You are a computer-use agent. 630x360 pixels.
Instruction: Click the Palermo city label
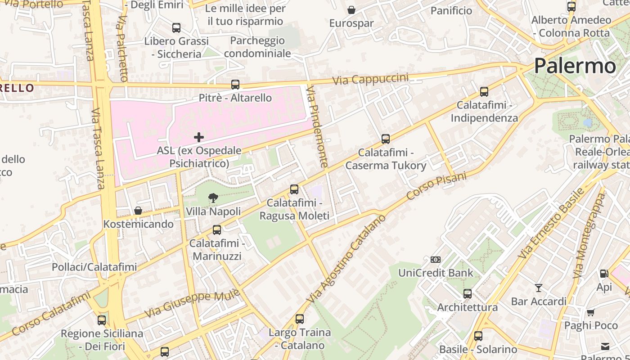point(575,66)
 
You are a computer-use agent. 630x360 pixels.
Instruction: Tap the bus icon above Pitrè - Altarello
point(235,84)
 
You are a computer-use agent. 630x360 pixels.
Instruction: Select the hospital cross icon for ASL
point(198,137)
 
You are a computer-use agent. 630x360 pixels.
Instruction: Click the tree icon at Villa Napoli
point(213,198)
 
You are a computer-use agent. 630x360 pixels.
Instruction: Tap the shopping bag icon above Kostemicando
point(138,211)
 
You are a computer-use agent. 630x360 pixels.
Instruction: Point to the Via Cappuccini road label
point(371,79)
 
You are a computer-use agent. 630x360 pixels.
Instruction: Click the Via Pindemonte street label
point(317,128)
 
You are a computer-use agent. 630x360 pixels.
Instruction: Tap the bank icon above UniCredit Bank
point(435,260)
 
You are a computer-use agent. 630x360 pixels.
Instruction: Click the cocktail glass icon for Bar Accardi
point(538,288)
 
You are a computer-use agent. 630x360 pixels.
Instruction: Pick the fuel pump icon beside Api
point(604,273)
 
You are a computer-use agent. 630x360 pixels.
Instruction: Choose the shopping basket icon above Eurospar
point(351,10)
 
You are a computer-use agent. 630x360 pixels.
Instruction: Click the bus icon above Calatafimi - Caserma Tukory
point(385,139)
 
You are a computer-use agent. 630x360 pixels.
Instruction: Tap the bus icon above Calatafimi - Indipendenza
point(484,92)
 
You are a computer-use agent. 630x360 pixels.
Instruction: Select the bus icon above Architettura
point(468,294)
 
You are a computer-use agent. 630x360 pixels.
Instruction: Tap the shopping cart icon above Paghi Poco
point(590,312)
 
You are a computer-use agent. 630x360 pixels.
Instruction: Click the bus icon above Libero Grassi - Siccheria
point(176,28)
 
